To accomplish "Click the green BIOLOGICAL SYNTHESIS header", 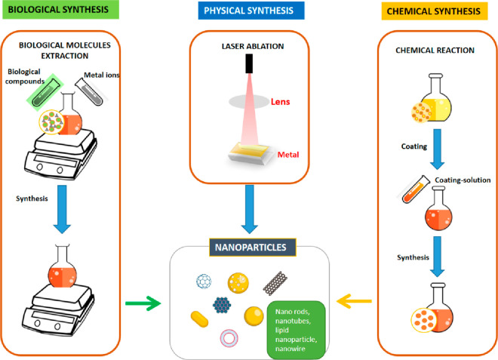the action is (60, 10).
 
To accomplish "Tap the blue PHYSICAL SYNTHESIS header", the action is (251, 11).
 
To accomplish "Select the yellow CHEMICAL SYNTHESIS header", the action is (435, 11).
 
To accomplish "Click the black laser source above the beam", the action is (249, 63).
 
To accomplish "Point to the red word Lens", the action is (280, 102).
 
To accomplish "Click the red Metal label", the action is (288, 155).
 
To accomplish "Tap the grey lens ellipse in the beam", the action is (249, 102).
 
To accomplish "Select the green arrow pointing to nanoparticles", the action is (143, 303).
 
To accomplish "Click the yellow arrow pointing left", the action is (354, 301).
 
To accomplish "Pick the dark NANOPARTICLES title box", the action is (253, 248).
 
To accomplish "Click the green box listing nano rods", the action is (296, 330).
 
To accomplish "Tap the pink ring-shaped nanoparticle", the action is (229, 337).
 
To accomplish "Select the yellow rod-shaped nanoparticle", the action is (199, 319).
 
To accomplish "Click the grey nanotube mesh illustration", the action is (275, 283).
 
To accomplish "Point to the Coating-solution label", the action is (463, 180).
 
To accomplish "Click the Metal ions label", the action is (102, 75).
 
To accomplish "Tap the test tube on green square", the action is (45, 93).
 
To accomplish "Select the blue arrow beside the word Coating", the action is (438, 149).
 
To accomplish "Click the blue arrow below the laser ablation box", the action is (250, 209).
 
